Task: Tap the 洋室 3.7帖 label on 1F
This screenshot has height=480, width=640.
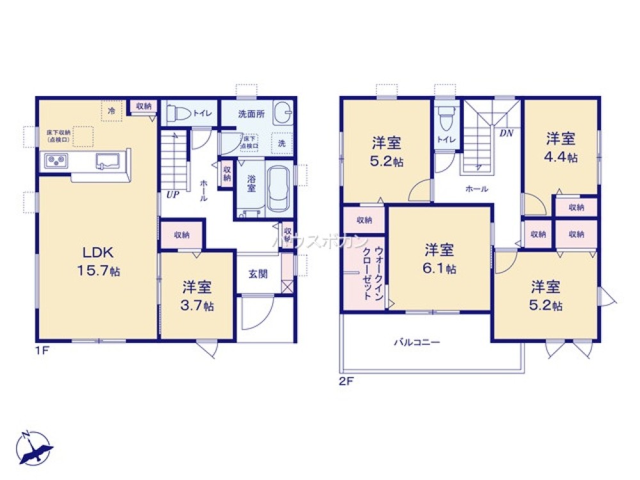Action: (x=197, y=296)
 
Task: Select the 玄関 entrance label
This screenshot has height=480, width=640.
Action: (x=258, y=273)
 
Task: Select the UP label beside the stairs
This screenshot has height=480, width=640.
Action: (x=172, y=195)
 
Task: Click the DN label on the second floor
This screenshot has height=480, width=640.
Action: (x=506, y=134)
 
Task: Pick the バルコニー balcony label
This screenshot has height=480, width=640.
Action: (x=416, y=342)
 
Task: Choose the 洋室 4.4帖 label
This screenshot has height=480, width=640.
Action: (x=561, y=147)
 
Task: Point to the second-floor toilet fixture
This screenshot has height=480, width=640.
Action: (x=445, y=118)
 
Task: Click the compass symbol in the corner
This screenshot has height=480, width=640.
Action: (x=32, y=448)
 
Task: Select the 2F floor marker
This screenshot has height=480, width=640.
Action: (x=346, y=380)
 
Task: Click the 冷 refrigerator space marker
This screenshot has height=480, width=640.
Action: (x=111, y=111)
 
